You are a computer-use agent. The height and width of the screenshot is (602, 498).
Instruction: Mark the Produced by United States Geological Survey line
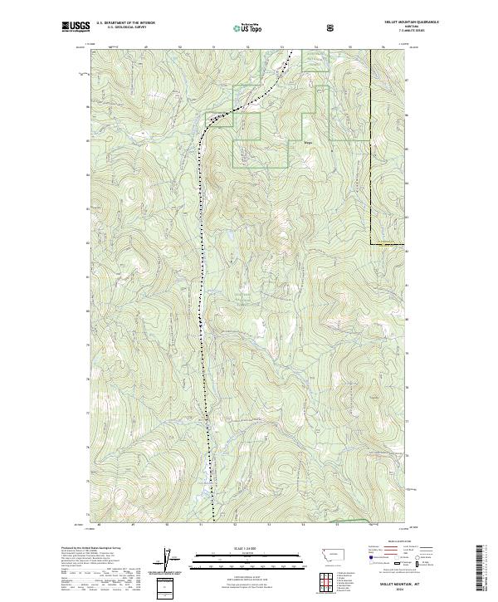pyautogui.click(x=91, y=549)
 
